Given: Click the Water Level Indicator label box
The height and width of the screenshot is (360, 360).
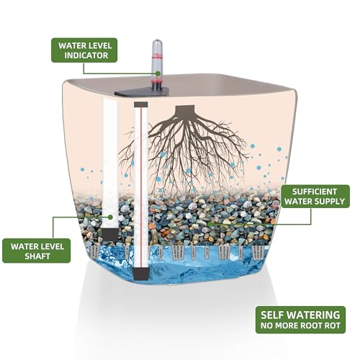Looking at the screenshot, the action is pos(84,50).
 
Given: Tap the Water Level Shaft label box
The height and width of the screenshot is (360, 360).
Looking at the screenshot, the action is pos(37,251).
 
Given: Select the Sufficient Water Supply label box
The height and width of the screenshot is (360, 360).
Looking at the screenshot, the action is pos(315,196).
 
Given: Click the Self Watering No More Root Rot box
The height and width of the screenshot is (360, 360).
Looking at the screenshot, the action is pos(300,320).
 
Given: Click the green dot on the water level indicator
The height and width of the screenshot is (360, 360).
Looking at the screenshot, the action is pos(158,73).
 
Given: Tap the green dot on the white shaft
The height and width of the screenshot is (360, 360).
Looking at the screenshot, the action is pos(110,217).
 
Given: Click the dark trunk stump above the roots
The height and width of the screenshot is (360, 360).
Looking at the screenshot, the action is pos(184,110).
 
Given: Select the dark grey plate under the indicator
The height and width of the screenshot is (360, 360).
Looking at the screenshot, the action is pos(142,92).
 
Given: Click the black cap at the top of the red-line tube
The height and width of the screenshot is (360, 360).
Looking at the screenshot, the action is pos(141,104).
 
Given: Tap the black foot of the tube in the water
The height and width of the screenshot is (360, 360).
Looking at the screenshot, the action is pos(141,274).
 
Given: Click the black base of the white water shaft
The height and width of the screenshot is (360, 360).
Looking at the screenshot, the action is pos(110,235).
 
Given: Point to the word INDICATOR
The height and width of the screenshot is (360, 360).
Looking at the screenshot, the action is pos(86,55).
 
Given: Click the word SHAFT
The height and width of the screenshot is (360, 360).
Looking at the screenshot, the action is pos(37,256).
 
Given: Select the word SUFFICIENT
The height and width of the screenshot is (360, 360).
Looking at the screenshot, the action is pos(315,192).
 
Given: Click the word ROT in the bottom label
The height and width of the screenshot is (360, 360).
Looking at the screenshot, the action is pos(333,325).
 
